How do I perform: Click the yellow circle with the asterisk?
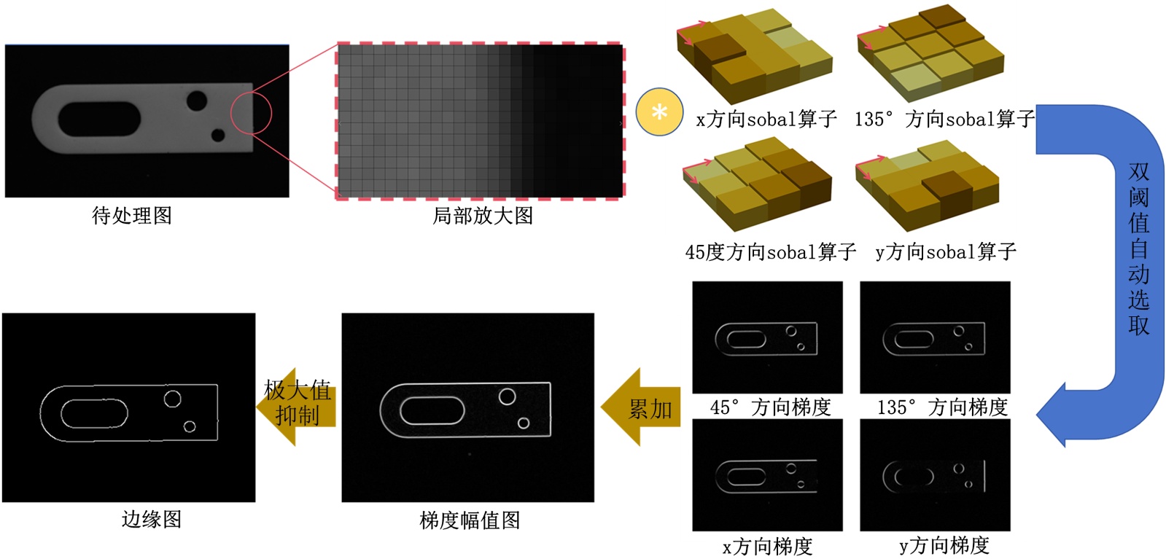coord(659,112)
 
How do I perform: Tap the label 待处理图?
coord(132,216)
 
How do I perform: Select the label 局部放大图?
coord(483,216)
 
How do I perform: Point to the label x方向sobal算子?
coord(766,120)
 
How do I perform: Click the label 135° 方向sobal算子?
coord(945,120)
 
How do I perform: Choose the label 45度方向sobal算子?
coord(771,252)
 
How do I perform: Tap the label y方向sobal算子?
coord(946,252)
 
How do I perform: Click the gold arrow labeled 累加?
coord(641,407)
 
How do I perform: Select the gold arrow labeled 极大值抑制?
coord(296,407)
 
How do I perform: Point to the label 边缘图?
coord(152,520)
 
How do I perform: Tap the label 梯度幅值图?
coord(470,520)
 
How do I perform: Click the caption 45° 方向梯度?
coord(770,407)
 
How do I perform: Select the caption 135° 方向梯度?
coord(943,407)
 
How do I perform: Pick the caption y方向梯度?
coord(944,545)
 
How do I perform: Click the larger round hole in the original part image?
coord(197,101)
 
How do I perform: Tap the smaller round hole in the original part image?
coord(218,136)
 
